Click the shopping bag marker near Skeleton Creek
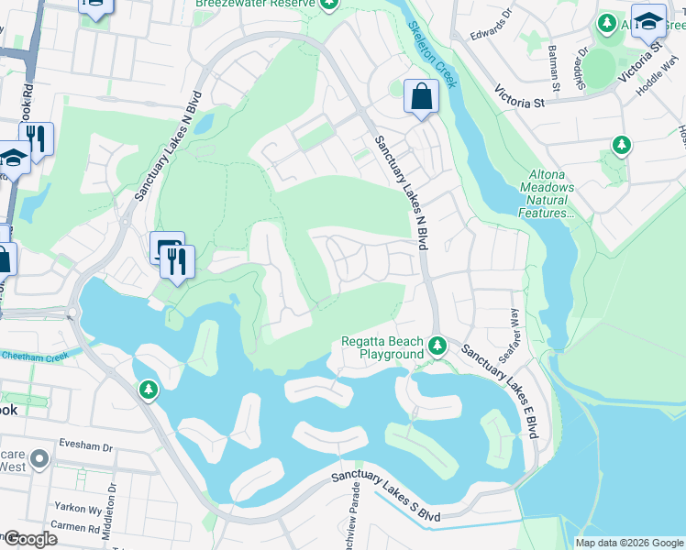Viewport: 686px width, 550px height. pos(421,96)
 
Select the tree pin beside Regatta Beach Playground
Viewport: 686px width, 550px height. pos(438,346)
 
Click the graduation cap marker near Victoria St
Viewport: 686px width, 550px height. pos(647,20)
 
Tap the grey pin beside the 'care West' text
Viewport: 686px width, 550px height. pos(39,457)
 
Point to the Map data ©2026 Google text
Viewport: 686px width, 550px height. pos(628,543)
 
